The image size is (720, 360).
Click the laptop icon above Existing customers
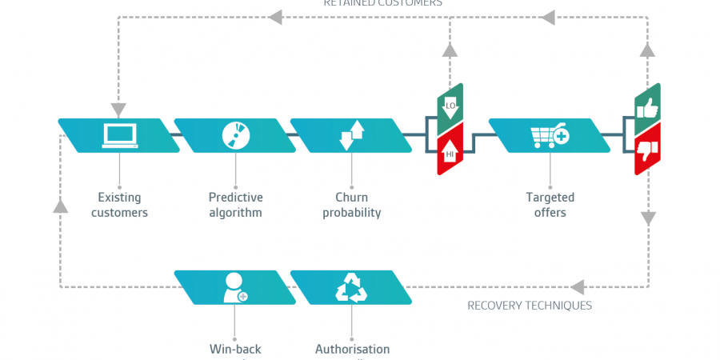[x=118, y=135]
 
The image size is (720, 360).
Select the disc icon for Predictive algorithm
[x=235, y=135]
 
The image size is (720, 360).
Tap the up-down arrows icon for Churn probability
[x=351, y=135]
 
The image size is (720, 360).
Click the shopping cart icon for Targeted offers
[x=550, y=135]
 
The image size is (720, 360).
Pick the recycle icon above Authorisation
[x=351, y=287]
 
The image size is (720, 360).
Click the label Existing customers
[x=119, y=205]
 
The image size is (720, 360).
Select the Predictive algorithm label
[x=235, y=205]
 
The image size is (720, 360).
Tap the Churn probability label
[x=351, y=205]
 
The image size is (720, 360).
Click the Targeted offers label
[x=550, y=205]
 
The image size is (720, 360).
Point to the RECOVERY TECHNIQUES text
[x=530, y=306]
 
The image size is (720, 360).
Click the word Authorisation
[x=352, y=350]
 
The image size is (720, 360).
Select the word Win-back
[x=235, y=350]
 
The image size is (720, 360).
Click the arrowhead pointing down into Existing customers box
[x=119, y=108]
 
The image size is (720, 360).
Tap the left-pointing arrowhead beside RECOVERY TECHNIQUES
[x=578, y=286]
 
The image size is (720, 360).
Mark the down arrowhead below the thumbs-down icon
[x=648, y=217]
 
